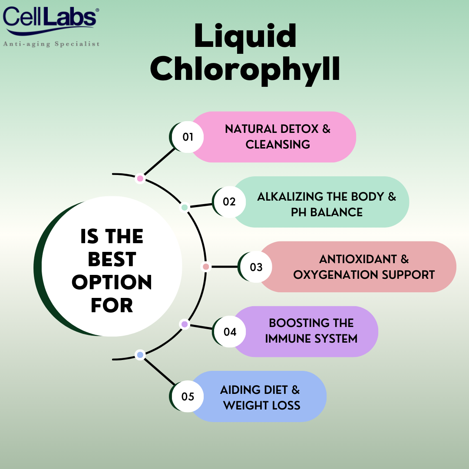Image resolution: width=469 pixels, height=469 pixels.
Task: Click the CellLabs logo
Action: pyautogui.click(x=50, y=20)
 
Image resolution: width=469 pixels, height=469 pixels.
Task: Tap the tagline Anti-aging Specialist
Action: pyautogui.click(x=51, y=44)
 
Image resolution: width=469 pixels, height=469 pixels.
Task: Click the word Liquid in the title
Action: pyautogui.click(x=245, y=37)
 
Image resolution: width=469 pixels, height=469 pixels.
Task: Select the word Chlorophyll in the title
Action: pyautogui.click(x=245, y=70)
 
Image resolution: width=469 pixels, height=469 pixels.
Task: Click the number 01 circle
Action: pyautogui.click(x=188, y=137)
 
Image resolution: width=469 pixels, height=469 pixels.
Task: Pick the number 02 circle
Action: pyautogui.click(x=229, y=202)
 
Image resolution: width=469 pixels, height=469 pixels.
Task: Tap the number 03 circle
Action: pyautogui.click(x=256, y=267)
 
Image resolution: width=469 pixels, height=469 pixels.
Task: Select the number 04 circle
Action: pyautogui.click(x=230, y=332)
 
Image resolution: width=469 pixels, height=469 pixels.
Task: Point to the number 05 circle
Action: pyautogui.click(x=188, y=396)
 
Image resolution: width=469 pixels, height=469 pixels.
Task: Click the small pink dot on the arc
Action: pyautogui.click(x=140, y=178)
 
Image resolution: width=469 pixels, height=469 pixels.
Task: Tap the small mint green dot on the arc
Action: pyautogui.click(x=185, y=208)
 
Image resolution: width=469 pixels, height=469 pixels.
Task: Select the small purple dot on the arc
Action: pyautogui.click(x=185, y=324)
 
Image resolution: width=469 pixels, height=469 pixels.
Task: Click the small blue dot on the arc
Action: pyautogui.click(x=140, y=355)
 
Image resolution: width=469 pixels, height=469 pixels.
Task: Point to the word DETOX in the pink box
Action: pyautogui.click(x=297, y=129)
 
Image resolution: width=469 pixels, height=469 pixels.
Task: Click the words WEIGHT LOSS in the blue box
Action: pyautogui.click(x=262, y=406)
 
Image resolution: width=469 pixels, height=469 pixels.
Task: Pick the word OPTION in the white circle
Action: pyautogui.click(x=112, y=283)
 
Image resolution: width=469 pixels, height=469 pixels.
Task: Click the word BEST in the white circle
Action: pyautogui.click(x=112, y=260)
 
